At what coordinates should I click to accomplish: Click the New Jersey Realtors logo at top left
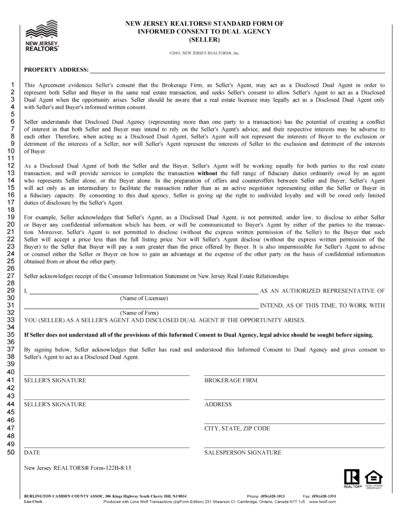coord(42,35)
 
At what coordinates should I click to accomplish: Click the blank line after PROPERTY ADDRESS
coord(237,71)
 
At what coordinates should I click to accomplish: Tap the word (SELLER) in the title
coord(204,40)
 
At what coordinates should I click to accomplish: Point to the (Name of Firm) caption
coord(140,312)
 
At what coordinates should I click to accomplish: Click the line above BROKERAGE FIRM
coord(295,375)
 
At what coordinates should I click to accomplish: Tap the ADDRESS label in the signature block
coord(218,404)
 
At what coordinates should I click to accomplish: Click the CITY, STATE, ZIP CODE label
coord(237,428)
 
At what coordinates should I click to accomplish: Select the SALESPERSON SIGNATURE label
coord(243,453)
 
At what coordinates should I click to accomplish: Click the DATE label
coord(32,453)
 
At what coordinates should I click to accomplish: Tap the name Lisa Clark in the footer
coord(35,502)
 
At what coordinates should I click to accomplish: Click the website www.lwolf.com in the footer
coord(323,502)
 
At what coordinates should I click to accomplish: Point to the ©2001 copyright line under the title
coord(204,53)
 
